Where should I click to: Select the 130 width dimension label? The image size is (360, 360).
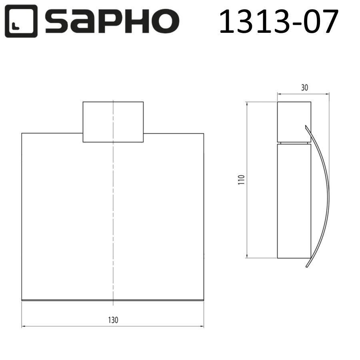pos(113,320)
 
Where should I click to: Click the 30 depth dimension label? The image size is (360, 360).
pos(304,88)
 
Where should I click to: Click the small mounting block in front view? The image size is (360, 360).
pos(113,122)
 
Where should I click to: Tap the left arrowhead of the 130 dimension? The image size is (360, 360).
pos(23,327)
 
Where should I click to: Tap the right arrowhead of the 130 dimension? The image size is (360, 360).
pos(202,327)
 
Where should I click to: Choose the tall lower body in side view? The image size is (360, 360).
pos(294,200)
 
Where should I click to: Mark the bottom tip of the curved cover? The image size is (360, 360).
pos(307,267)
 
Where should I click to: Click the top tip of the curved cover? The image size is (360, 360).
pos(306,126)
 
